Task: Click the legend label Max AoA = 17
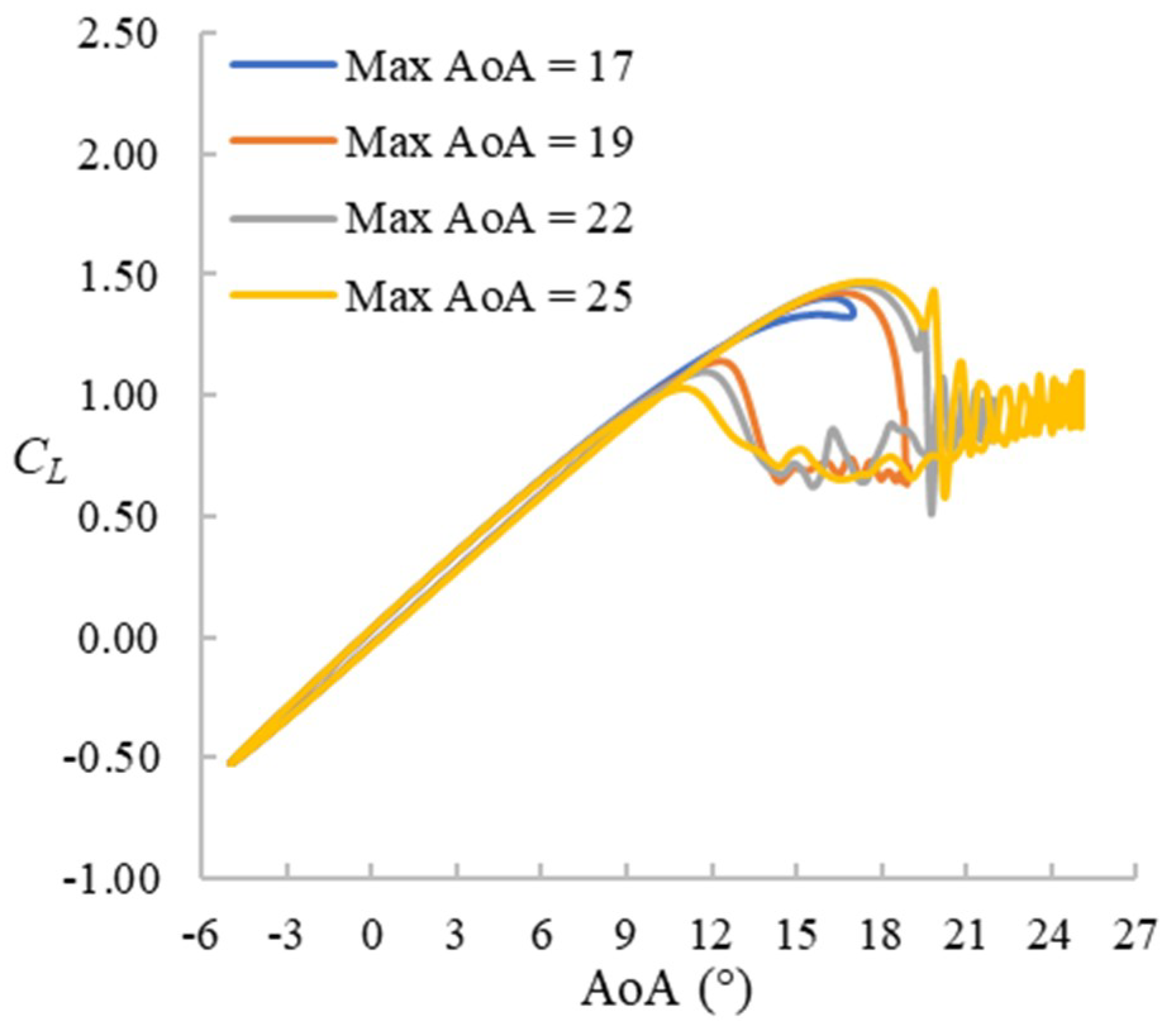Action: point(488,66)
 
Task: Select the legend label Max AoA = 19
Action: point(488,142)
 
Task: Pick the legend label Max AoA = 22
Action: point(488,219)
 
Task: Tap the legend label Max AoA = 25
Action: point(488,295)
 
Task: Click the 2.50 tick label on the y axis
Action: point(116,36)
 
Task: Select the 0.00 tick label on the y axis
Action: point(116,639)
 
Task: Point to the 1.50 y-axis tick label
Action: point(116,278)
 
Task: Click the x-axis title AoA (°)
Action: point(667,990)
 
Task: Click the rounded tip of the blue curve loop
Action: point(854,311)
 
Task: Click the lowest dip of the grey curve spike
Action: point(932,513)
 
